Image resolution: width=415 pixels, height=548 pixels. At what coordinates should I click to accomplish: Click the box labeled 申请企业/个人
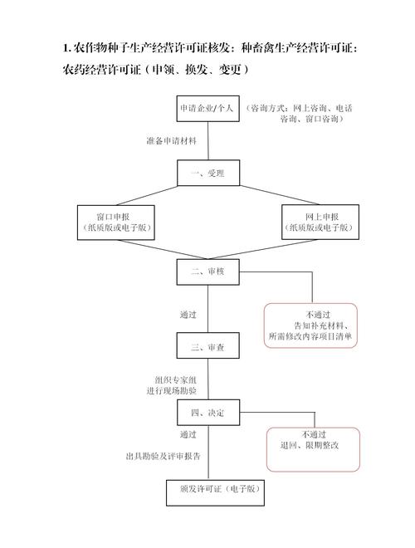click(x=207, y=109)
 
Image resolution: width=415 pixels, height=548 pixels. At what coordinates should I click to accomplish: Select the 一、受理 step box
click(x=207, y=173)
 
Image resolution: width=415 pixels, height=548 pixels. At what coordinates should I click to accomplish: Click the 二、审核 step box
click(x=207, y=271)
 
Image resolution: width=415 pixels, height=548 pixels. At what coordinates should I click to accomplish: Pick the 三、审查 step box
click(x=207, y=346)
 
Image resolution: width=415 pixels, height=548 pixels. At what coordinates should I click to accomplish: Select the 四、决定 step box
click(x=207, y=412)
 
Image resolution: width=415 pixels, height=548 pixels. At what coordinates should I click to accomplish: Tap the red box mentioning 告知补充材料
click(x=311, y=325)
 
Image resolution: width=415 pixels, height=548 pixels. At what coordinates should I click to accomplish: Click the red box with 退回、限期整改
click(x=311, y=440)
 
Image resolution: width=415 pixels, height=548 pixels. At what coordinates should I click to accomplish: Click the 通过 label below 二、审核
click(x=188, y=315)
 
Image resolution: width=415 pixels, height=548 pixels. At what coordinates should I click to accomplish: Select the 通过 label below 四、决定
click(x=188, y=433)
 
